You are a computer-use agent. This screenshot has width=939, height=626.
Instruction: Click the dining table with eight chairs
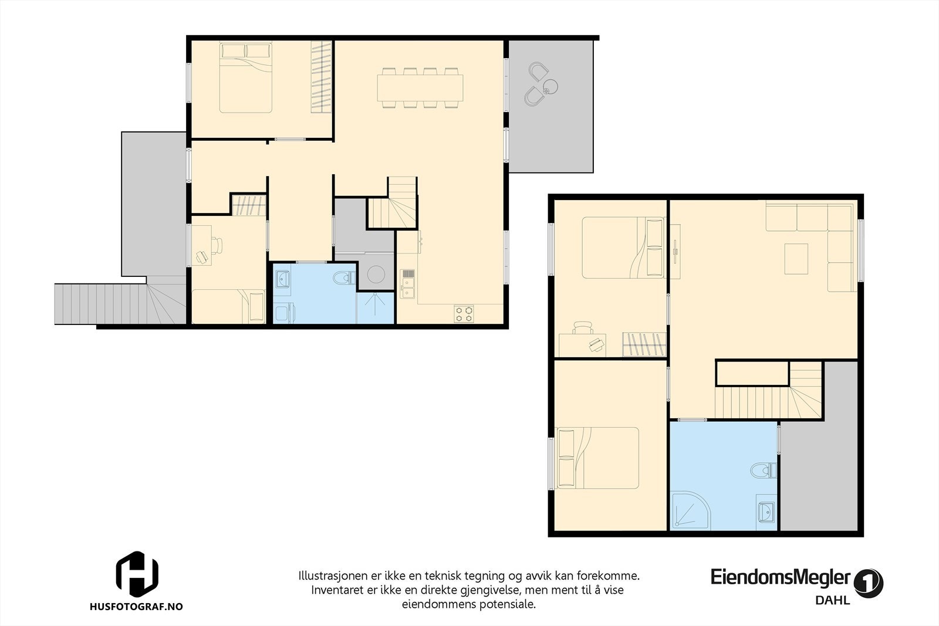[420, 88]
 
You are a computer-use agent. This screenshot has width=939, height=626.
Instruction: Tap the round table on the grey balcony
[549, 87]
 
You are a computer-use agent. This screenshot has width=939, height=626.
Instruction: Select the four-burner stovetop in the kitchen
[464, 313]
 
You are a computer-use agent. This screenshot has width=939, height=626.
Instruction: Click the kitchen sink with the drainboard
[407, 283]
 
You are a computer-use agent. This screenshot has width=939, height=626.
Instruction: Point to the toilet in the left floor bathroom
[344, 278]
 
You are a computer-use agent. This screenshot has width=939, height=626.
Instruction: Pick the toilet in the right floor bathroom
[764, 470]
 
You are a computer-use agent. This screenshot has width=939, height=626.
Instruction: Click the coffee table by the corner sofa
[796, 259]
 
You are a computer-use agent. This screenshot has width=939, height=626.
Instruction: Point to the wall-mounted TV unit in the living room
[675, 252]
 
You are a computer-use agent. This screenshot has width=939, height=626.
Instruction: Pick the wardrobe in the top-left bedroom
[321, 77]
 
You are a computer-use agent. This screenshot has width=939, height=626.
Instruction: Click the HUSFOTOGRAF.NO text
[136, 606]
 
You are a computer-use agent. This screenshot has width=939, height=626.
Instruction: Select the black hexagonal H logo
[137, 574]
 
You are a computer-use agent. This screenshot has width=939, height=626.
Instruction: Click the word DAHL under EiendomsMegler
[833, 600]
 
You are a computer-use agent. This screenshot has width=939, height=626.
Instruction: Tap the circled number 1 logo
[869, 583]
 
